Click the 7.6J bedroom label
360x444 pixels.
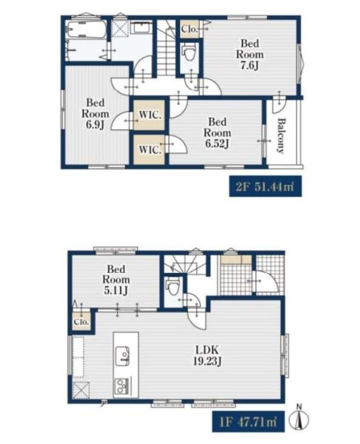pyautogui.click(x=250, y=54)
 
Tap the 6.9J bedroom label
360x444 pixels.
pyautogui.click(x=96, y=113)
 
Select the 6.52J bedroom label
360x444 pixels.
pyautogui.click(x=217, y=132)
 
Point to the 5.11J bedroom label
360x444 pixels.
pyautogui.click(x=116, y=280)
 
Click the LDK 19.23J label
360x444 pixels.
pyautogui.click(x=207, y=355)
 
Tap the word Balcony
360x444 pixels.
pyautogui.click(x=281, y=136)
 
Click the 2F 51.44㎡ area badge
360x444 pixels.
pyautogui.click(x=265, y=186)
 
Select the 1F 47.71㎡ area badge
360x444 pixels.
pyautogui.click(x=248, y=422)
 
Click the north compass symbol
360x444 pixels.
pyautogui.click(x=299, y=418)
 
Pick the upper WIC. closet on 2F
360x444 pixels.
pyautogui.click(x=149, y=115)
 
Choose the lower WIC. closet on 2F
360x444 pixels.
pyautogui.click(x=149, y=149)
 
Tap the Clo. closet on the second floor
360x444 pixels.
pyautogui.click(x=190, y=29)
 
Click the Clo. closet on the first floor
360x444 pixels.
pyautogui.click(x=81, y=322)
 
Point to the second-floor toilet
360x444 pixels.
pyautogui.click(x=189, y=53)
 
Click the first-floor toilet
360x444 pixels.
pyautogui.click(x=173, y=286)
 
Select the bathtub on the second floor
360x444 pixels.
pyautogui.click(x=87, y=30)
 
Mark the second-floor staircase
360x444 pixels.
pyautogui.click(x=167, y=47)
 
